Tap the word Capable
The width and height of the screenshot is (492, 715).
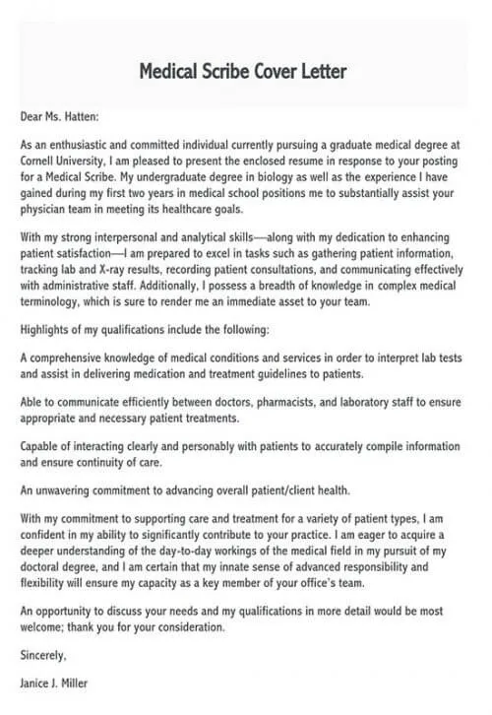[40, 447]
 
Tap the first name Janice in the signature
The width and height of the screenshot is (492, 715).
[36, 681]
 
